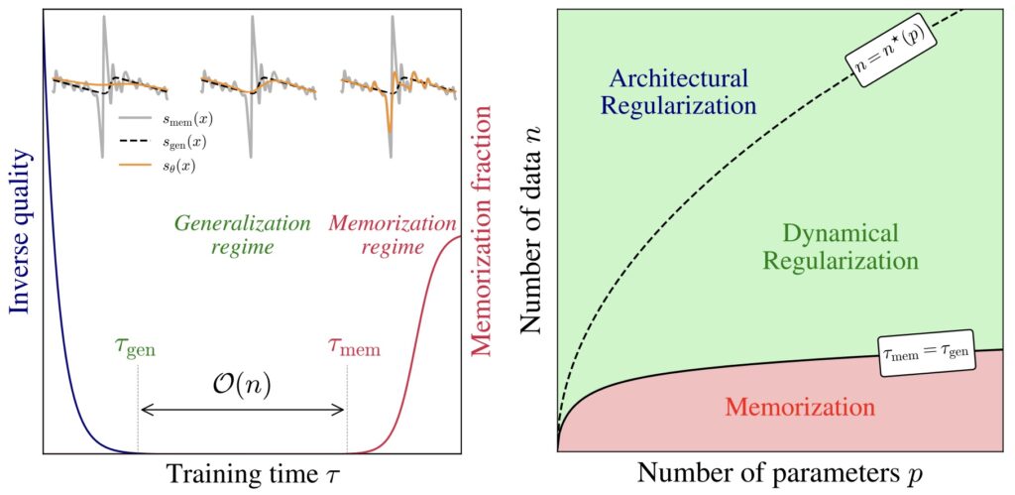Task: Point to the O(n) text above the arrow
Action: (x=242, y=382)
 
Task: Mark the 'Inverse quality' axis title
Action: (x=19, y=241)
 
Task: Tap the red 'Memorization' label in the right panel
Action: (x=800, y=408)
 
